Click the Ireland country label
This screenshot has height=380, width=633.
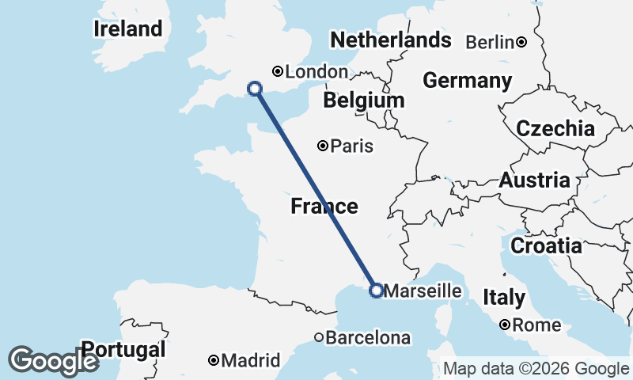click(127, 29)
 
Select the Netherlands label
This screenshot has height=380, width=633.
click(391, 40)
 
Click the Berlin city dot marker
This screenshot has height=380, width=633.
click(522, 42)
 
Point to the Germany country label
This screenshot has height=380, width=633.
click(467, 80)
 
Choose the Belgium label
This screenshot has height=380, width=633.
click(363, 101)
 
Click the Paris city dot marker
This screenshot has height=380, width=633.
click(323, 146)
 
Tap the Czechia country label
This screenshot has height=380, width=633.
click(555, 128)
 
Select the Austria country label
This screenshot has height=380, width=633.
click(534, 180)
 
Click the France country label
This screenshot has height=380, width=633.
click(324, 207)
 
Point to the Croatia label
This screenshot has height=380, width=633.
click(546, 246)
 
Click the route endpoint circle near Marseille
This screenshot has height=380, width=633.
click(376, 291)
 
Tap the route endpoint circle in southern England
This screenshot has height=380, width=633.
click(255, 89)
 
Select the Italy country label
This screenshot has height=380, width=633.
click(504, 298)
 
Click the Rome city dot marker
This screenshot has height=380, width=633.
click(504, 325)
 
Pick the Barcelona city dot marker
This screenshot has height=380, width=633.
click(319, 337)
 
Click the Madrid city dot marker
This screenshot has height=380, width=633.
click(214, 360)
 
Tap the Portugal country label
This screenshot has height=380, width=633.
click(124, 349)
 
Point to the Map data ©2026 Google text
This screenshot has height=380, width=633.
click(536, 368)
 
